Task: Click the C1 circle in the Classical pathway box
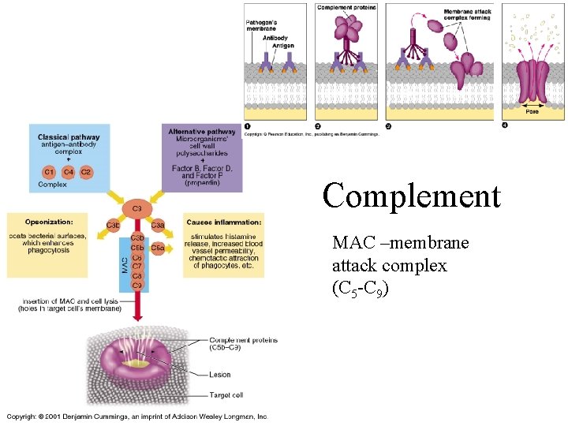pos(48,172)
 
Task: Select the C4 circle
pos(69,172)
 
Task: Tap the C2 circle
pos(87,172)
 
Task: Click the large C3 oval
pos(136,208)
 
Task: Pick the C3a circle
pos(158,226)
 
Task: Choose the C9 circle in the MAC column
pos(137,285)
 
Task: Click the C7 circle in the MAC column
pos(137,266)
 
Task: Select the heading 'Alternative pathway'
pos(202,131)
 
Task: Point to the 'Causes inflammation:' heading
pos(223,222)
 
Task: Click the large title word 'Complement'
pos(411,196)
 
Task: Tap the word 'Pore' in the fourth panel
pos(533,110)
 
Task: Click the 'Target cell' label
pos(226,394)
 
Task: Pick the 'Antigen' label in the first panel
pos(283,46)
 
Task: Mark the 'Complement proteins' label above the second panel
pos(346,7)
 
